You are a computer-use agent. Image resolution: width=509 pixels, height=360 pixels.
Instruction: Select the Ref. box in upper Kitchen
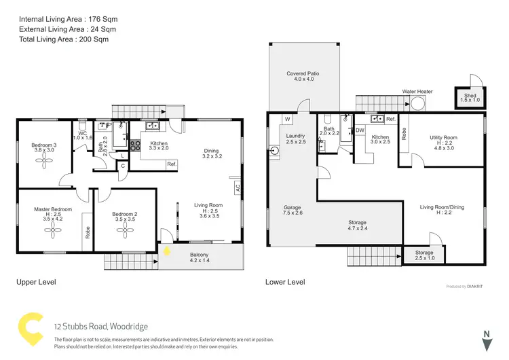pos(171,164)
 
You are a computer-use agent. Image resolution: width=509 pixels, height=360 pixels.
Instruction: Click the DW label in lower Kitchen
pos(360,130)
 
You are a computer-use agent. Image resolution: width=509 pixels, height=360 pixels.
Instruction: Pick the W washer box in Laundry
pos(288,120)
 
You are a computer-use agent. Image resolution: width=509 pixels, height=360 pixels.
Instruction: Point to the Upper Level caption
pos(36,281)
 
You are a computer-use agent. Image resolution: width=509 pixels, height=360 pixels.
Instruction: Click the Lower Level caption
pos(285,282)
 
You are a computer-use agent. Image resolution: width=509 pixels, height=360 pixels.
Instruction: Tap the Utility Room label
pos(443,138)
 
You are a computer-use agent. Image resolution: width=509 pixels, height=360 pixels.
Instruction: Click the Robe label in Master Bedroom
pos(87,230)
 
